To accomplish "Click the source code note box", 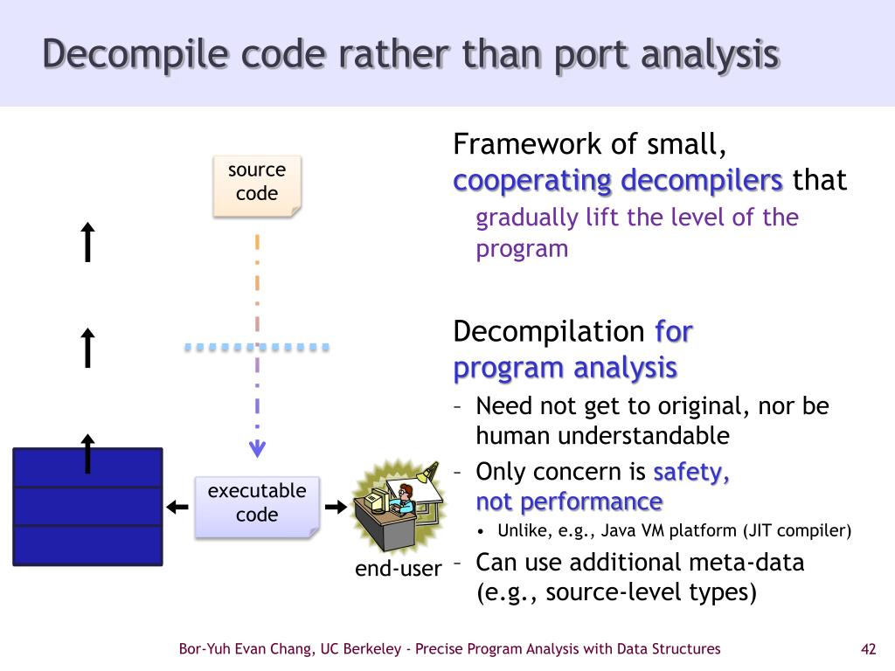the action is [257, 183].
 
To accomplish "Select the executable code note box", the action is [257, 504].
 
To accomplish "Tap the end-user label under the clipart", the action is [399, 569].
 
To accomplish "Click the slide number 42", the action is [868, 648].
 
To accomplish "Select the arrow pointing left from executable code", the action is [177, 507].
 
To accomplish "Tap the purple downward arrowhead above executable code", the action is [257, 450].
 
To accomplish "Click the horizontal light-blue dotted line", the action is [257, 348].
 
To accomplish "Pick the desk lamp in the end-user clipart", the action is [427, 473].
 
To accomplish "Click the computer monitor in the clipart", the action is [377, 501].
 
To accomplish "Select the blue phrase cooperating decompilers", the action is [618, 181].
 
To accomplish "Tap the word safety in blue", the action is [691, 473].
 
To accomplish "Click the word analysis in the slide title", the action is [709, 54].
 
